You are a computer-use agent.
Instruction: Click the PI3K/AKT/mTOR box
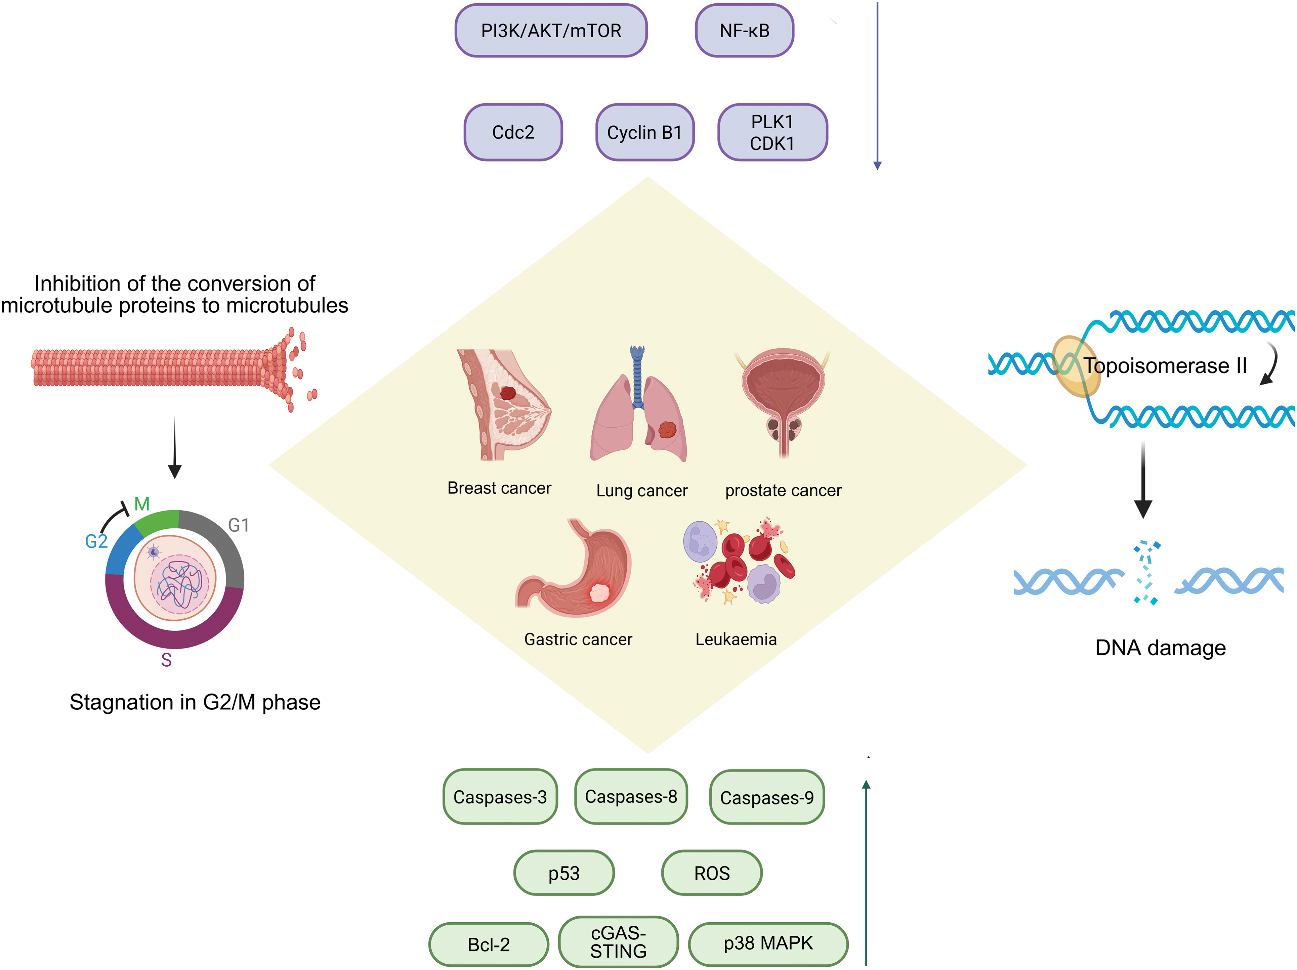(551, 31)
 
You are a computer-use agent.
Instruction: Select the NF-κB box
(745, 31)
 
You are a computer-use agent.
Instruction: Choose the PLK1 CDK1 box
(773, 132)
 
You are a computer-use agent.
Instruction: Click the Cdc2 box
(513, 132)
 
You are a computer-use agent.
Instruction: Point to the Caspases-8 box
(631, 796)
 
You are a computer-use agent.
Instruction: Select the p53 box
(564, 873)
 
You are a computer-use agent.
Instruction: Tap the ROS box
(712, 873)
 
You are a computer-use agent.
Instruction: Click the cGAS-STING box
(619, 942)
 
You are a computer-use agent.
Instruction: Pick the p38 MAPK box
(768, 943)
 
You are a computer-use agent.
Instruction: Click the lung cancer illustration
(638, 404)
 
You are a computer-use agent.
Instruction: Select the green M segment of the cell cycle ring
(157, 522)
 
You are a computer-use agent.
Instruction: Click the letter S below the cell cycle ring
(167, 660)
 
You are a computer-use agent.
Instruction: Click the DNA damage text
(1160, 648)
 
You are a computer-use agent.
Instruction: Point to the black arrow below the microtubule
(175, 448)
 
